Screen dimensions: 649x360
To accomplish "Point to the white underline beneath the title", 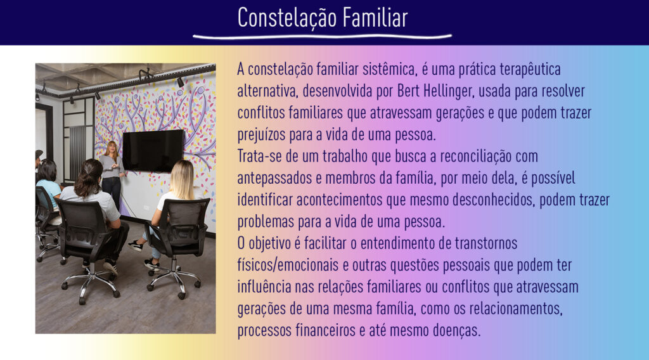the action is pos(322,37).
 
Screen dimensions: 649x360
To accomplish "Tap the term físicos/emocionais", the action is pos(288,265).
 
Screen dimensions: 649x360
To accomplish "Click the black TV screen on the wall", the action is pos(153,151).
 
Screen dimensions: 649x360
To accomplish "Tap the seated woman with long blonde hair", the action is pos(176,206).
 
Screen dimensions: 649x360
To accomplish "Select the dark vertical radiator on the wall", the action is pos(77,153).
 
